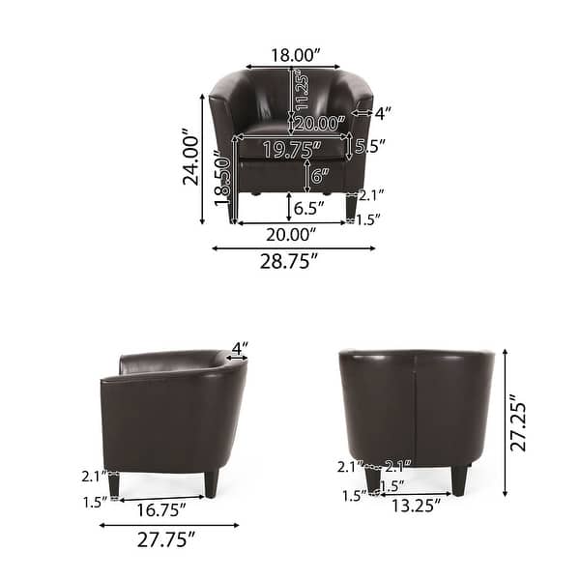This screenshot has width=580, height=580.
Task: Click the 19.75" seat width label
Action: tap(291, 149)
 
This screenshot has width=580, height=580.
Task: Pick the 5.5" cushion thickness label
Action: tap(370, 147)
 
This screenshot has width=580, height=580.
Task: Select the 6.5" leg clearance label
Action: tap(307, 208)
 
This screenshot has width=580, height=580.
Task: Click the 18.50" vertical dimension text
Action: tap(223, 180)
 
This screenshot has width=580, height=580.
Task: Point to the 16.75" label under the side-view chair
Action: tap(160, 508)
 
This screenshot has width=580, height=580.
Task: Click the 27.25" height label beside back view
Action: tap(519, 422)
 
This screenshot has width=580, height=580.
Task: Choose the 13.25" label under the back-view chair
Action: tap(416, 504)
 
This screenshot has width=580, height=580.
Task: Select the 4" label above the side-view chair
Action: tap(239, 347)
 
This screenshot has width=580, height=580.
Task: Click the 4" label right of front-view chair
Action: tap(383, 113)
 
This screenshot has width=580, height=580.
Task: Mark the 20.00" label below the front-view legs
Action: tap(291, 234)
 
